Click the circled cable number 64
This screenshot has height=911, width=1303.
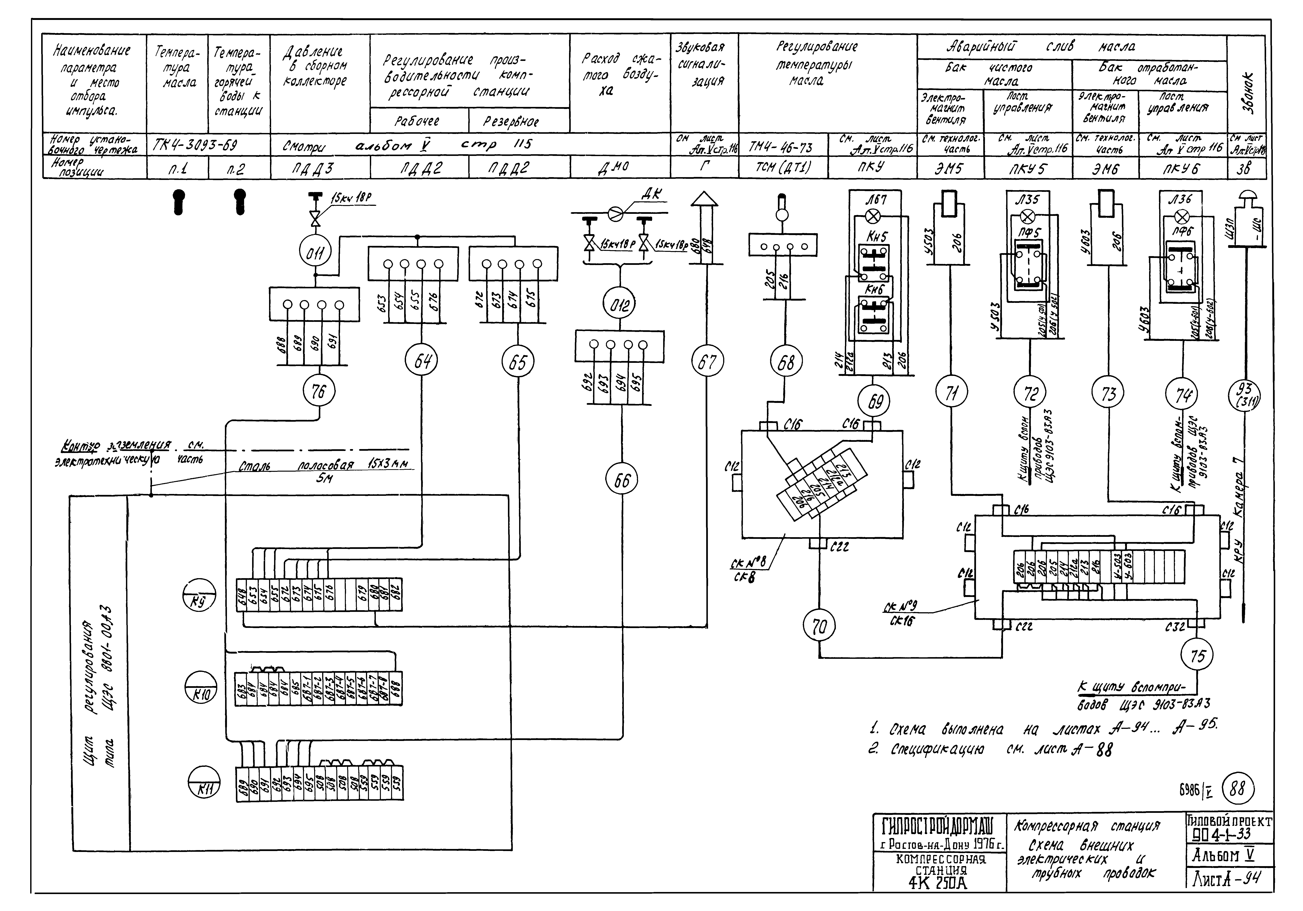pyautogui.click(x=422, y=361)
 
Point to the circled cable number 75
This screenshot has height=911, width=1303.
pyautogui.click(x=1197, y=656)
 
